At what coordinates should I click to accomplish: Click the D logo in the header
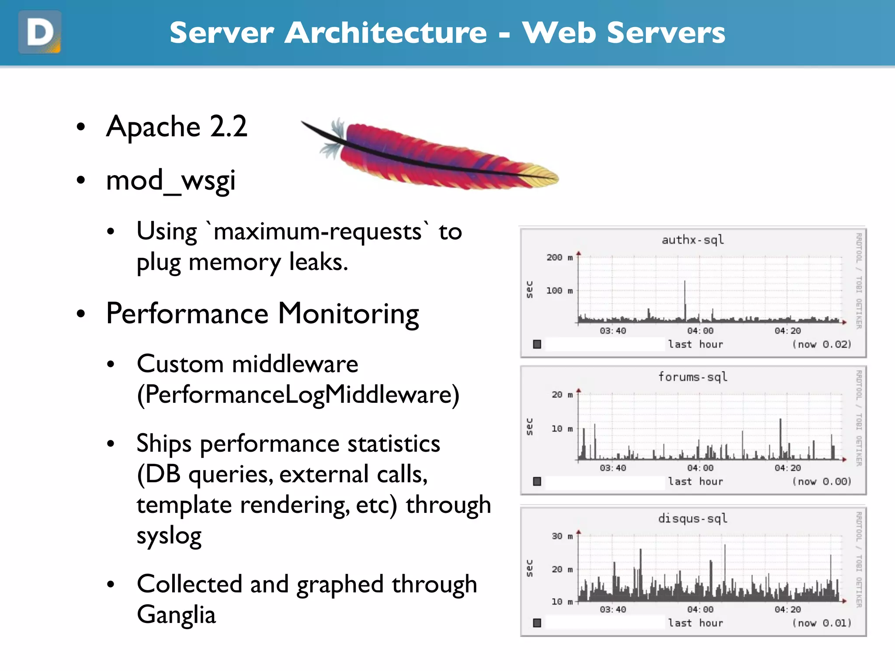[x=40, y=32]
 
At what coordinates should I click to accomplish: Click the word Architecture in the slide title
[x=385, y=33]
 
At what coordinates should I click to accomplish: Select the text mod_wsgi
[x=171, y=180]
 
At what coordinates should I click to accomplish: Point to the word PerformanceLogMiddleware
[x=298, y=394]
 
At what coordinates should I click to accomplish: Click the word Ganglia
[x=176, y=615]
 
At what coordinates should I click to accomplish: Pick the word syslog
[x=169, y=536]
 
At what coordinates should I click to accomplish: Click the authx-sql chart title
[x=693, y=240]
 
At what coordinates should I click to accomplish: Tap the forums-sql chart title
[x=693, y=377]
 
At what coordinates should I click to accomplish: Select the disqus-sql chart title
[x=693, y=519]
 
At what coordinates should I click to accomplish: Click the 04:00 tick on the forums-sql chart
[x=700, y=468]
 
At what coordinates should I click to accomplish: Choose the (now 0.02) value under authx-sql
[x=822, y=344]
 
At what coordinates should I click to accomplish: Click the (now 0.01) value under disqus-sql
[x=822, y=623]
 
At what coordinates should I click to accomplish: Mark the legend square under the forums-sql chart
[x=537, y=481]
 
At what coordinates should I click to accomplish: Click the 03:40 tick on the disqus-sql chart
[x=613, y=609]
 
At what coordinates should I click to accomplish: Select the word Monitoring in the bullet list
[x=348, y=315]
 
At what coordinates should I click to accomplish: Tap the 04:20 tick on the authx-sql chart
[x=787, y=331]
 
